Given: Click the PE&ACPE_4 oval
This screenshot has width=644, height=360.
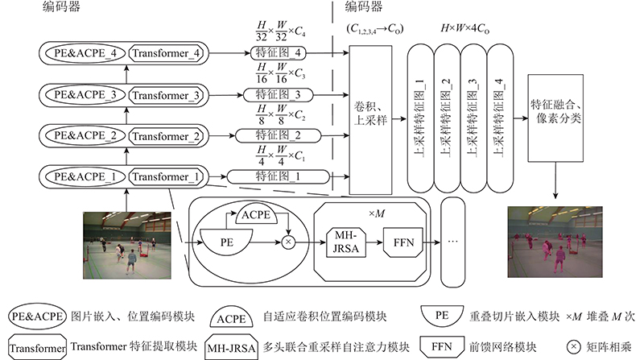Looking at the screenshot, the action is click(85, 53).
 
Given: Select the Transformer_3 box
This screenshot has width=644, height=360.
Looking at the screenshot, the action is click(166, 95).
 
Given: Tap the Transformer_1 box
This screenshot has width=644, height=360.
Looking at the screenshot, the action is click(166, 177).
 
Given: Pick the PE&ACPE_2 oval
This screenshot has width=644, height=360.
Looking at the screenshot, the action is click(85, 136).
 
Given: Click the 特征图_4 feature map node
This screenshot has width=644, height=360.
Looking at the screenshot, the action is click(278, 53).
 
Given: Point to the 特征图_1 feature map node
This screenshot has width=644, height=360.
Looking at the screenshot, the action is click(278, 177).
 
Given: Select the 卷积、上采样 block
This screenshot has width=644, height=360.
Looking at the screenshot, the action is click(370, 119).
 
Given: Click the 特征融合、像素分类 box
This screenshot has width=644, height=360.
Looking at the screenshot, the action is click(555, 118).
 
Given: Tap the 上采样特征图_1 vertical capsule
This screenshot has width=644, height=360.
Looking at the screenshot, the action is click(420, 118).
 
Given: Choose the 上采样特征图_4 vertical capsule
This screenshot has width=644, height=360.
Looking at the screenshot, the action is click(500, 118).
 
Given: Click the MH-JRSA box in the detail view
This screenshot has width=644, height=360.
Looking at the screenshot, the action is click(346, 242).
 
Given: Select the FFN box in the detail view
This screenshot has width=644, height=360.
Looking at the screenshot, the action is click(403, 242).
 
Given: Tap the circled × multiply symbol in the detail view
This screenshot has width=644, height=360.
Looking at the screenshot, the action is click(288, 242).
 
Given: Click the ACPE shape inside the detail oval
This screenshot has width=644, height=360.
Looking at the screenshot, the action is click(256, 214).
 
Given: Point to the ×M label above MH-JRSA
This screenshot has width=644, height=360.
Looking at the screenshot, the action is click(377, 214).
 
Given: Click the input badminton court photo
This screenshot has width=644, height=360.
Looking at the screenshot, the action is click(127, 246).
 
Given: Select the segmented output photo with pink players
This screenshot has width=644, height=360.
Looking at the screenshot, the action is click(555, 242).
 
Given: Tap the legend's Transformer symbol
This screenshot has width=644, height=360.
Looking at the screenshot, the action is click(37, 348).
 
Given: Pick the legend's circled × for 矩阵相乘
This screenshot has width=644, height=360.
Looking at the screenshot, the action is click(574, 347).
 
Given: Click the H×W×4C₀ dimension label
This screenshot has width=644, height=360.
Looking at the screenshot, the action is click(465, 29).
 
